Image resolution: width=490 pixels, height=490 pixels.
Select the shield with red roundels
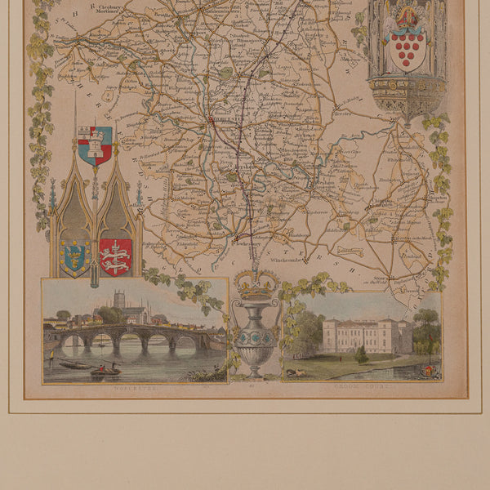(407, 51)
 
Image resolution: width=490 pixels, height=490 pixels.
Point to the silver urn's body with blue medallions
(256, 336)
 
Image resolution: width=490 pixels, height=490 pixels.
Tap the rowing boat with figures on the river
(105, 371)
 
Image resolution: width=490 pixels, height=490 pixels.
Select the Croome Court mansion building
(363, 336)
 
